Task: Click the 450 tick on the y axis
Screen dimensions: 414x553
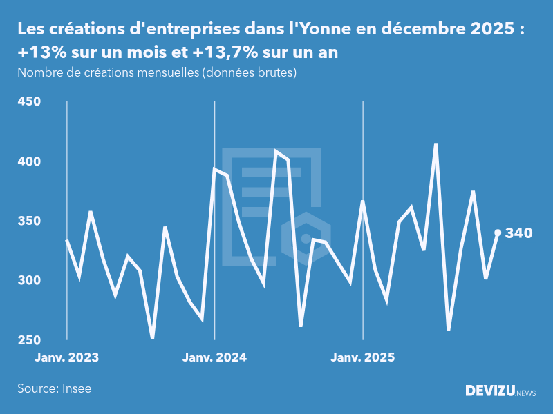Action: [29, 102]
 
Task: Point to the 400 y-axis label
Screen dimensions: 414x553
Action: [29, 161]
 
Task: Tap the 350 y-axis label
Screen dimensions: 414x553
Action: [29, 221]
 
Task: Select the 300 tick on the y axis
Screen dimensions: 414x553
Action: [29, 281]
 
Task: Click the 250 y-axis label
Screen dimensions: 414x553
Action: [29, 340]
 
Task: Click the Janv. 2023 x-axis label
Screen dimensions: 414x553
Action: [67, 357]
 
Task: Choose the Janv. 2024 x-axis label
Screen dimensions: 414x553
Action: [215, 357]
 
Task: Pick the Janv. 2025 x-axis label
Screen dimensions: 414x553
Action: [363, 357]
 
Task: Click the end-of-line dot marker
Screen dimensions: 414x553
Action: [498, 233]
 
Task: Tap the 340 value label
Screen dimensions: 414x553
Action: [518, 233]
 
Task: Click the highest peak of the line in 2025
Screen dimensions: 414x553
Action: [435, 144]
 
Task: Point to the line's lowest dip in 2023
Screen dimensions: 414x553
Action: [152, 338]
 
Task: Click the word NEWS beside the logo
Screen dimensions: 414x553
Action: [526, 393]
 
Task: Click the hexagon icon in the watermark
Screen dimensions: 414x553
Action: [306, 238]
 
